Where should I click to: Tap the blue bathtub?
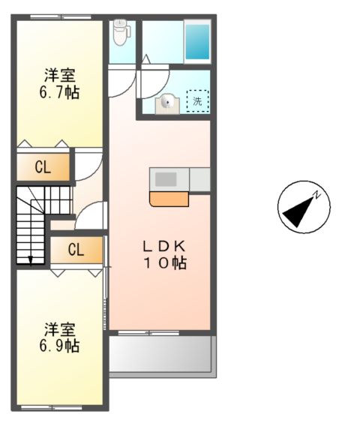(x=197, y=41)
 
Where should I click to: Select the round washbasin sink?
(x=166, y=103)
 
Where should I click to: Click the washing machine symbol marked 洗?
(x=196, y=100)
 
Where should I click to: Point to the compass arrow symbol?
(x=302, y=207)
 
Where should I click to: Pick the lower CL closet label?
(x=76, y=250)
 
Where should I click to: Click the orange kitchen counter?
(x=169, y=199)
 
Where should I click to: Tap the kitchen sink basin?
(x=166, y=179)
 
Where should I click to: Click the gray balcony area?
(x=161, y=354)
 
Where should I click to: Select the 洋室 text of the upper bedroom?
(x=61, y=75)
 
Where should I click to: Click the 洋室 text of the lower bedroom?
(x=61, y=329)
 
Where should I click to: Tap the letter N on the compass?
(x=318, y=195)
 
